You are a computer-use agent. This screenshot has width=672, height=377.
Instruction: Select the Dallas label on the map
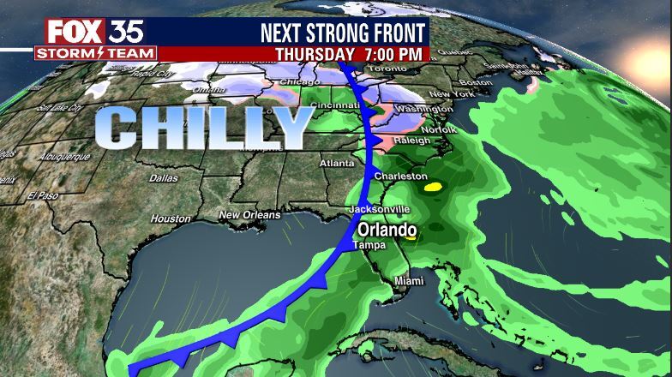(x=164, y=178)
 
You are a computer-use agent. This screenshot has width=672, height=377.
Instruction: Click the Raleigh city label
(x=411, y=141)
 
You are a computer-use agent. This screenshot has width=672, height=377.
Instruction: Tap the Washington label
(x=425, y=110)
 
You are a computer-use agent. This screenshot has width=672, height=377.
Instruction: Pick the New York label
(x=450, y=93)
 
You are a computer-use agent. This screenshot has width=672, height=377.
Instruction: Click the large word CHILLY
(x=204, y=129)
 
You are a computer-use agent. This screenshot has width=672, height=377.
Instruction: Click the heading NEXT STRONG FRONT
(x=342, y=33)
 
